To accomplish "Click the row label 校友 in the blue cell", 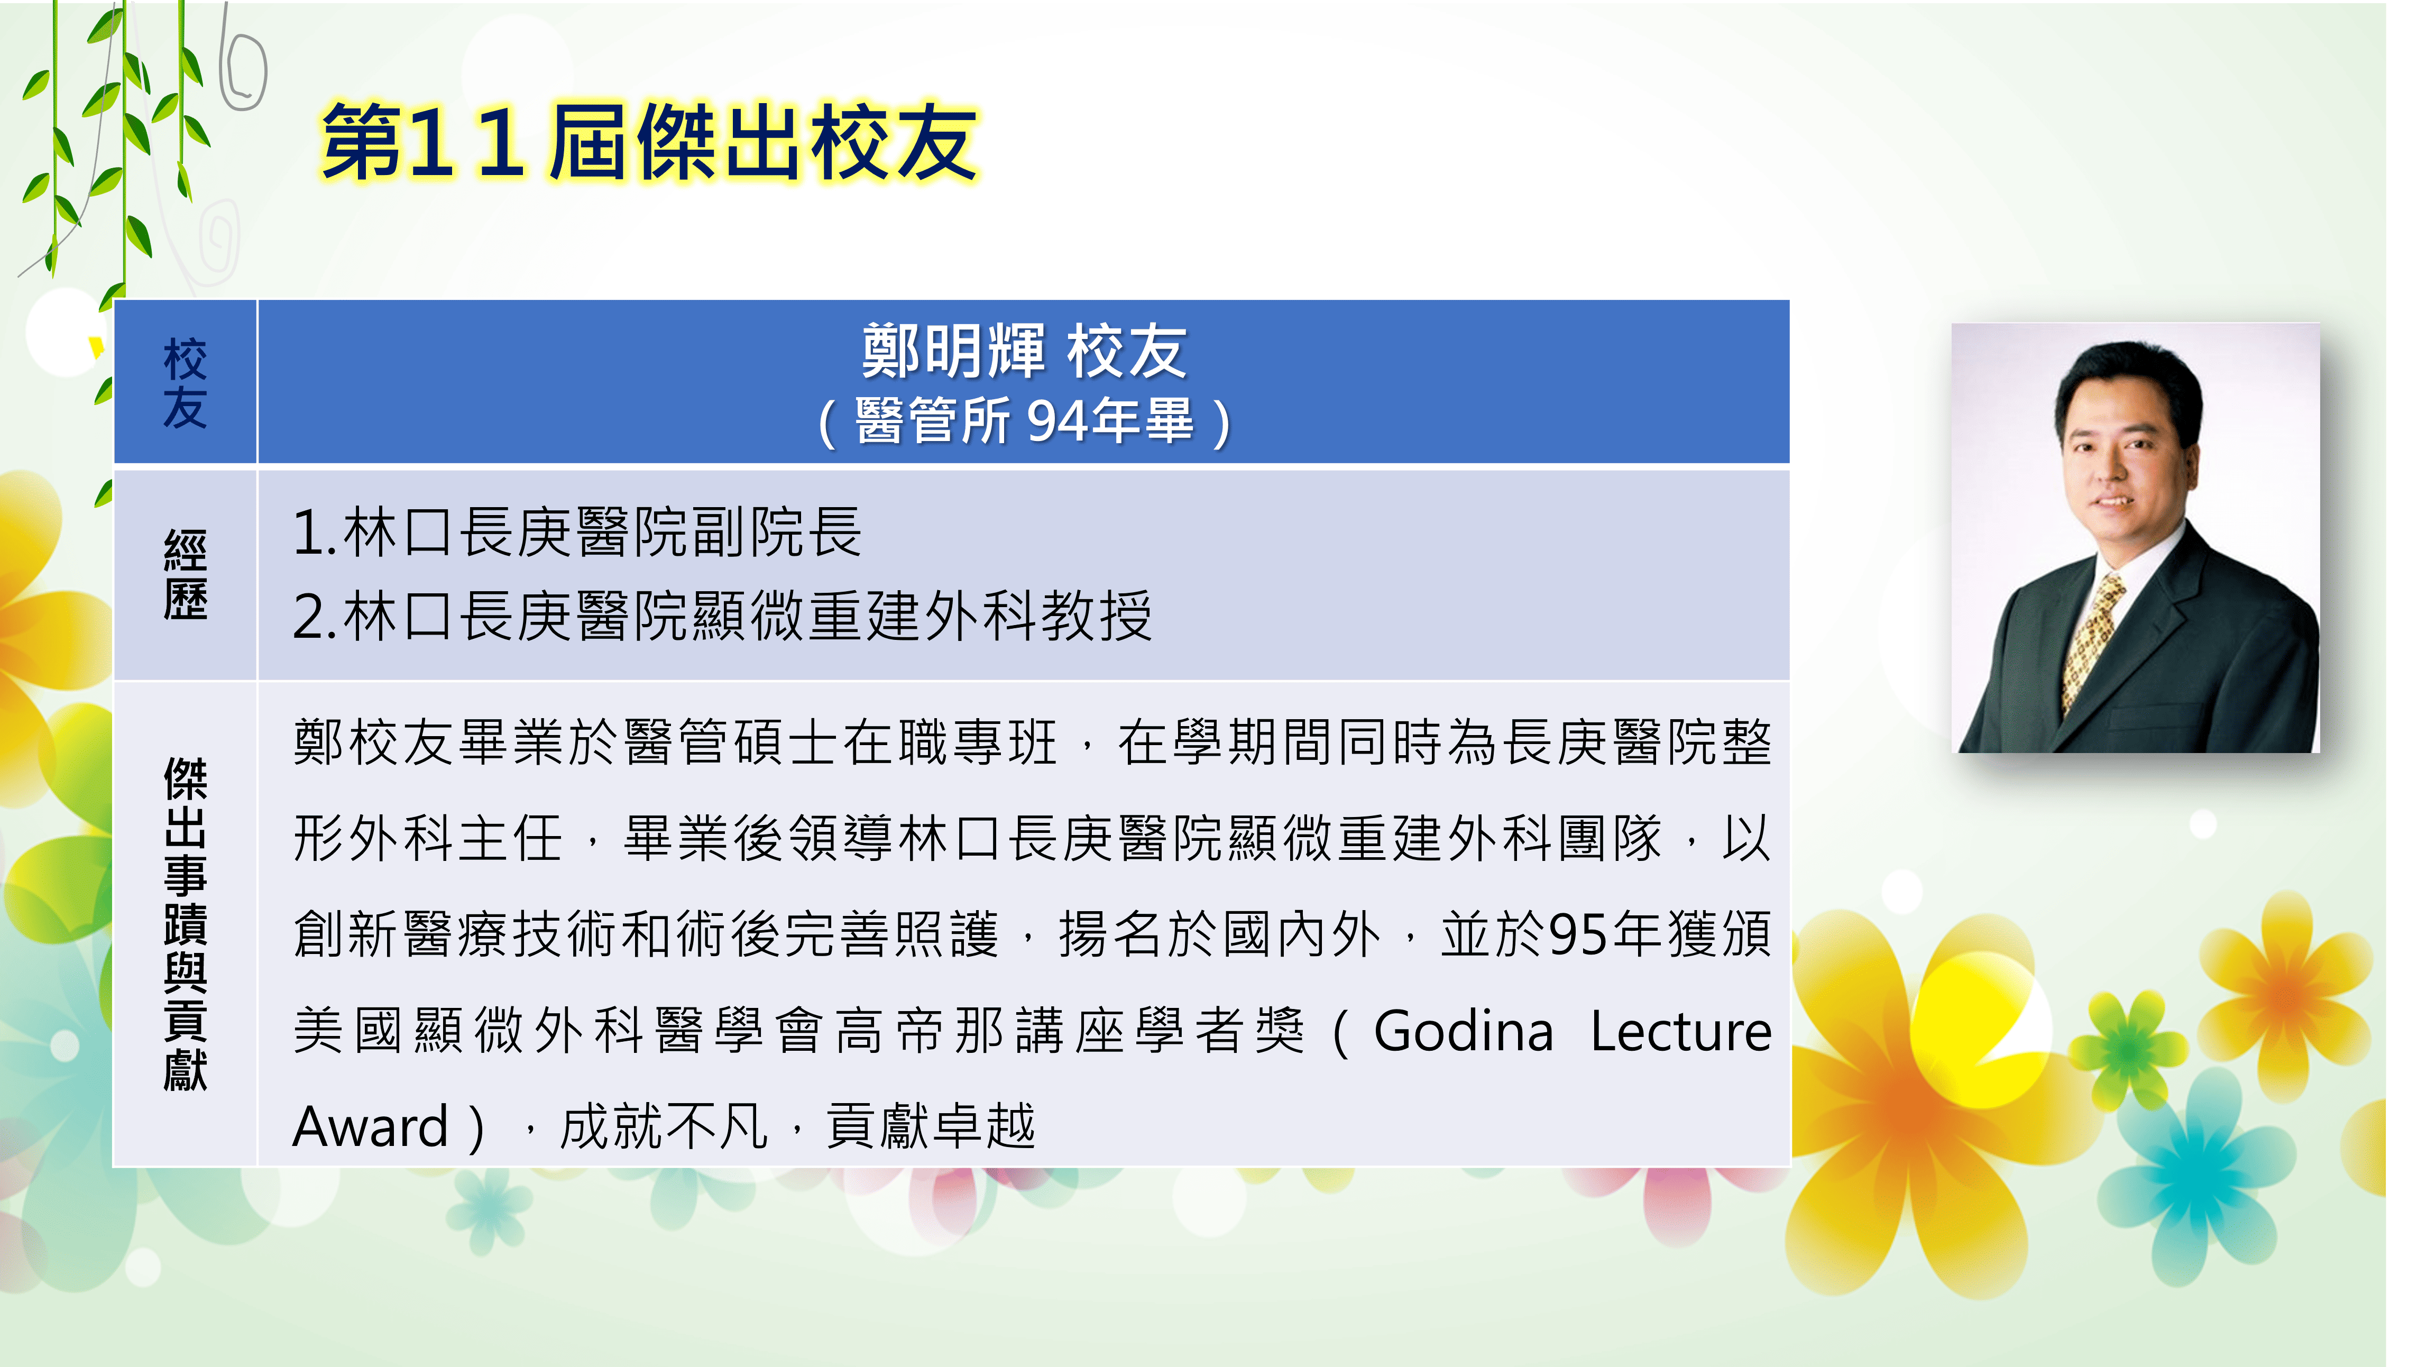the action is click(185, 383).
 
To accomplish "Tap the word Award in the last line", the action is click(371, 1126).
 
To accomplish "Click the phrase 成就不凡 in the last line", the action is click(665, 1126).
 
